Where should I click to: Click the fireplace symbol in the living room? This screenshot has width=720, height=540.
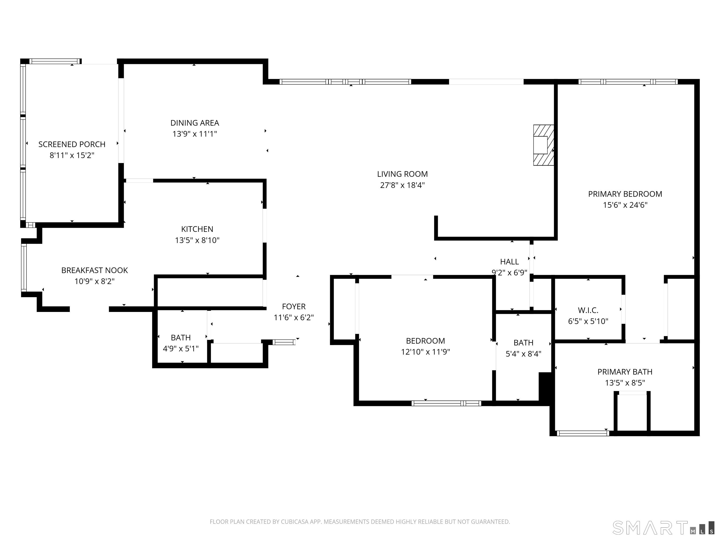coord(543,145)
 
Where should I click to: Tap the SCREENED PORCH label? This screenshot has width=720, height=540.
coord(72,144)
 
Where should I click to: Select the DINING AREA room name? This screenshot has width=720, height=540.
coord(195,123)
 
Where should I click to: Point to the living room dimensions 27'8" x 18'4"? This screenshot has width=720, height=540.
coord(402,185)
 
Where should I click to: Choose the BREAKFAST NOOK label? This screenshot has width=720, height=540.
coord(95,270)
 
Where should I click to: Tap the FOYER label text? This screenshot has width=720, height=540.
coord(294,307)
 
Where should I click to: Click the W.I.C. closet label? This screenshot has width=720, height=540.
coord(588,310)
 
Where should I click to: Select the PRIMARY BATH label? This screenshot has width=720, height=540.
coord(625,372)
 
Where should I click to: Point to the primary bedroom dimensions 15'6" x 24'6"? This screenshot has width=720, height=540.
coord(625,205)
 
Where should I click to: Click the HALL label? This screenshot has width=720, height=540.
coord(509,262)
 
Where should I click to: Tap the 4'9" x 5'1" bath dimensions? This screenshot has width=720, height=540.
coord(181,349)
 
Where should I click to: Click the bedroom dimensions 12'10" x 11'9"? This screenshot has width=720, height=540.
coord(425,352)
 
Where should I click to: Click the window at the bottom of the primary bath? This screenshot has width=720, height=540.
coord(583,433)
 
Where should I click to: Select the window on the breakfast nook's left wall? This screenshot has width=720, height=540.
coord(24,267)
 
